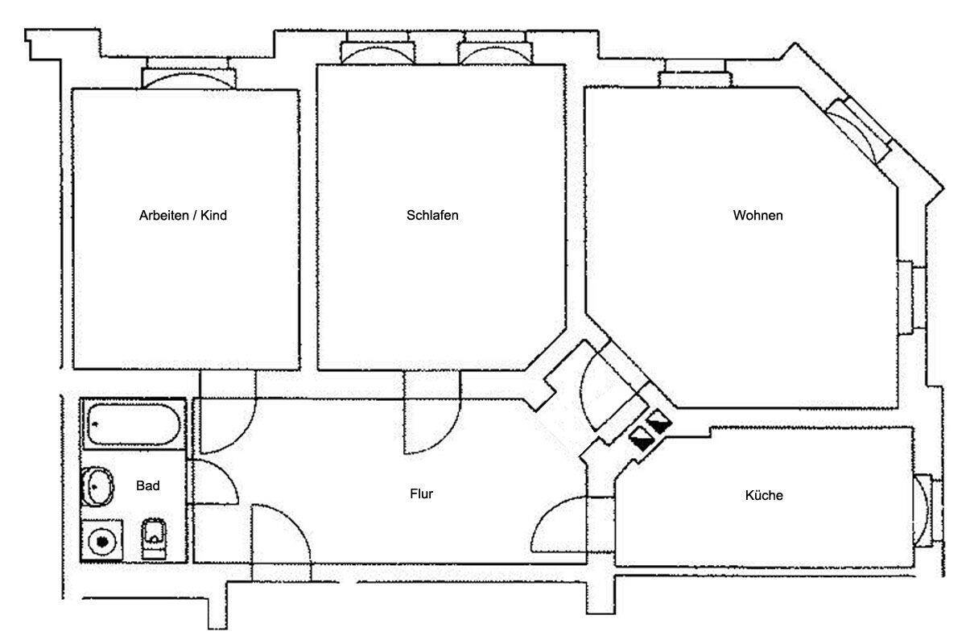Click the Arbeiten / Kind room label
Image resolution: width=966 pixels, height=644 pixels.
coord(183,215)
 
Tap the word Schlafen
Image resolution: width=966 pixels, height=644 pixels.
coord(432,215)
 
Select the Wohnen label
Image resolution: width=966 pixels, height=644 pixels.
coord(758,215)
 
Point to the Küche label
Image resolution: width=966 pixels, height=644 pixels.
coord(764,495)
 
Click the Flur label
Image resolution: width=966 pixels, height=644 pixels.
coord(421,493)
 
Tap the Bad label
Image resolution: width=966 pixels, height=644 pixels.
coord(148,485)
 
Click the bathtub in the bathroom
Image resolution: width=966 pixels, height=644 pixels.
coord(134,424)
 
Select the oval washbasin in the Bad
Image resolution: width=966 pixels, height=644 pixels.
coord(97,486)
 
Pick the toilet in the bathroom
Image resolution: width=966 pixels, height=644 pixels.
coord(154,539)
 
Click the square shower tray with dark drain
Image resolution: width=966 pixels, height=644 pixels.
coord(102,541)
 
